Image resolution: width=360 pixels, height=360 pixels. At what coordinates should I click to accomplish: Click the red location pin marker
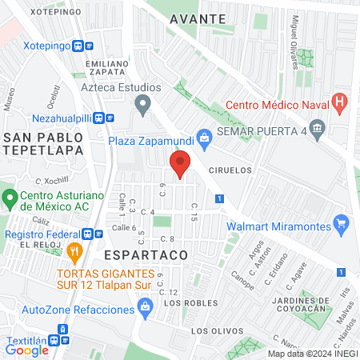pyautogui.click(x=180, y=164)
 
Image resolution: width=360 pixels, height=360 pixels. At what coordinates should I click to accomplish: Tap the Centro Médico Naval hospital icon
pyautogui.click(x=342, y=102)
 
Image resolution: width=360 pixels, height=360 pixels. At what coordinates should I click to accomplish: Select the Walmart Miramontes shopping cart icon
pyautogui.click(x=342, y=223)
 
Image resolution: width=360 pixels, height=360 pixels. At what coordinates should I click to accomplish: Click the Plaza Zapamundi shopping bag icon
pyautogui.click(x=205, y=138)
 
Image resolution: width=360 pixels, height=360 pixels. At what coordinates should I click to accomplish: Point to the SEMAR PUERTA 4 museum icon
pyautogui.click(x=318, y=127)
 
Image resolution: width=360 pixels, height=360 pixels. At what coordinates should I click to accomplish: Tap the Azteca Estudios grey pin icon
pyautogui.click(x=143, y=102)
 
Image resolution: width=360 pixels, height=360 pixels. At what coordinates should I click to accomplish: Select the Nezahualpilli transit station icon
pyautogui.click(x=101, y=117)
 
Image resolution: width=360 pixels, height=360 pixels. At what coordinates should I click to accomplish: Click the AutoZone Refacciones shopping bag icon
pyautogui.click(x=145, y=306)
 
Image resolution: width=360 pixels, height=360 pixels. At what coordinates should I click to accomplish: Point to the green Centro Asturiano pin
pyautogui.click(x=10, y=196)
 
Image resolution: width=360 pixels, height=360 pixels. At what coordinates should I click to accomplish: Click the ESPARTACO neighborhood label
pyautogui.click(x=146, y=254)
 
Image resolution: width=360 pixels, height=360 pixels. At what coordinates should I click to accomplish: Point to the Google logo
pyautogui.click(x=27, y=350)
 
